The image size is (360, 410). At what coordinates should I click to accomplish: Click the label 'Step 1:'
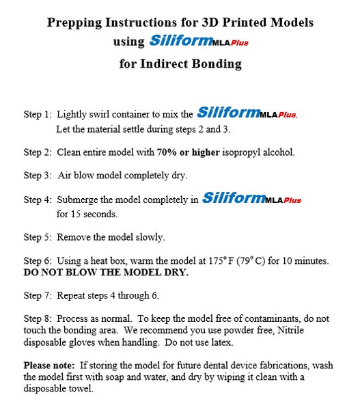pos(37,114)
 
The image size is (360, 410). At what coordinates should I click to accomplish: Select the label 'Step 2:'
pos(37,152)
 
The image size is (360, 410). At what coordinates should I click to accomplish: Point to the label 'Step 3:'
pos(37,176)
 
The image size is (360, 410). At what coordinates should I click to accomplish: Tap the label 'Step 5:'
pos(37,238)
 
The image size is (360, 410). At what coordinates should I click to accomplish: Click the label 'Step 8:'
pos(37,319)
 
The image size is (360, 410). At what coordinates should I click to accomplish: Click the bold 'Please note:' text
pos(49,365)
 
